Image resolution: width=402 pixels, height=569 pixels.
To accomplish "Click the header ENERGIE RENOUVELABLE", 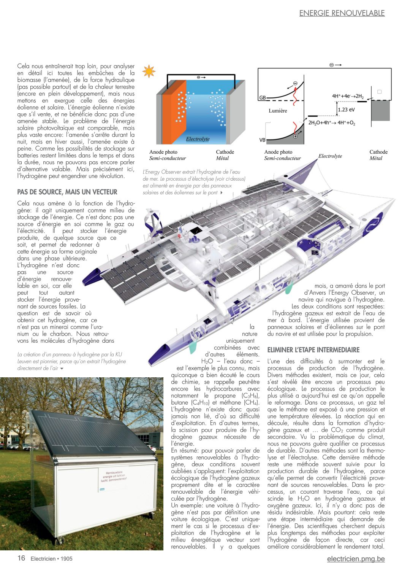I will click(342, 13).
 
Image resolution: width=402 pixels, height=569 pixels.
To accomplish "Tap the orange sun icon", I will click(149, 71).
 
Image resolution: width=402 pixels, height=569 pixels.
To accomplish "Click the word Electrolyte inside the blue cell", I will click(198, 139).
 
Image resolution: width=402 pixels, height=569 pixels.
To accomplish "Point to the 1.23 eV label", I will click(346, 110).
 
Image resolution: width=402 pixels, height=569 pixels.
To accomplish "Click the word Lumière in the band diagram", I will click(278, 111).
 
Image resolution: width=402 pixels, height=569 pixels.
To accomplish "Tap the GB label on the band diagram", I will click(262, 98).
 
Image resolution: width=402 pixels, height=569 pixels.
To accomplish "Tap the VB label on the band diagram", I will click(262, 140).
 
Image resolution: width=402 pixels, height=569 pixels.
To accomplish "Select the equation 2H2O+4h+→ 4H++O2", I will click(331, 123).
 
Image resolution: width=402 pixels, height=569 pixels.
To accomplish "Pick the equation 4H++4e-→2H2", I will click(348, 96).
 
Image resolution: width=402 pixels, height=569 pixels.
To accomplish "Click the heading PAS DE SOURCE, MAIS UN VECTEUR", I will click(67, 192).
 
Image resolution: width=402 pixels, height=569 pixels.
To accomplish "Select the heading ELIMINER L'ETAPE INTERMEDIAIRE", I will click(313, 350).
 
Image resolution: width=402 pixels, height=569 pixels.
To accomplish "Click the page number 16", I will click(21, 558).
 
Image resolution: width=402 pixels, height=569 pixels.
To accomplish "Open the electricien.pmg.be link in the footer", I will click(356, 559).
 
